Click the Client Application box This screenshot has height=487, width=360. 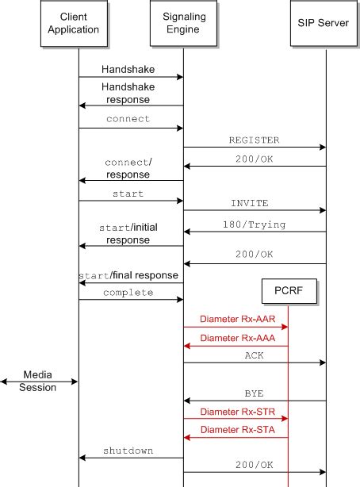79,24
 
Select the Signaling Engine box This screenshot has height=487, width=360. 183,24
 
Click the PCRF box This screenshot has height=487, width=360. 288,293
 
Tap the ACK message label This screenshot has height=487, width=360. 254,356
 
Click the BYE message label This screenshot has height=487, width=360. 254,393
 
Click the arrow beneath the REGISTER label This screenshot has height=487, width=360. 254,147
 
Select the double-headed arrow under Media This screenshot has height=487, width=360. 40,382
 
